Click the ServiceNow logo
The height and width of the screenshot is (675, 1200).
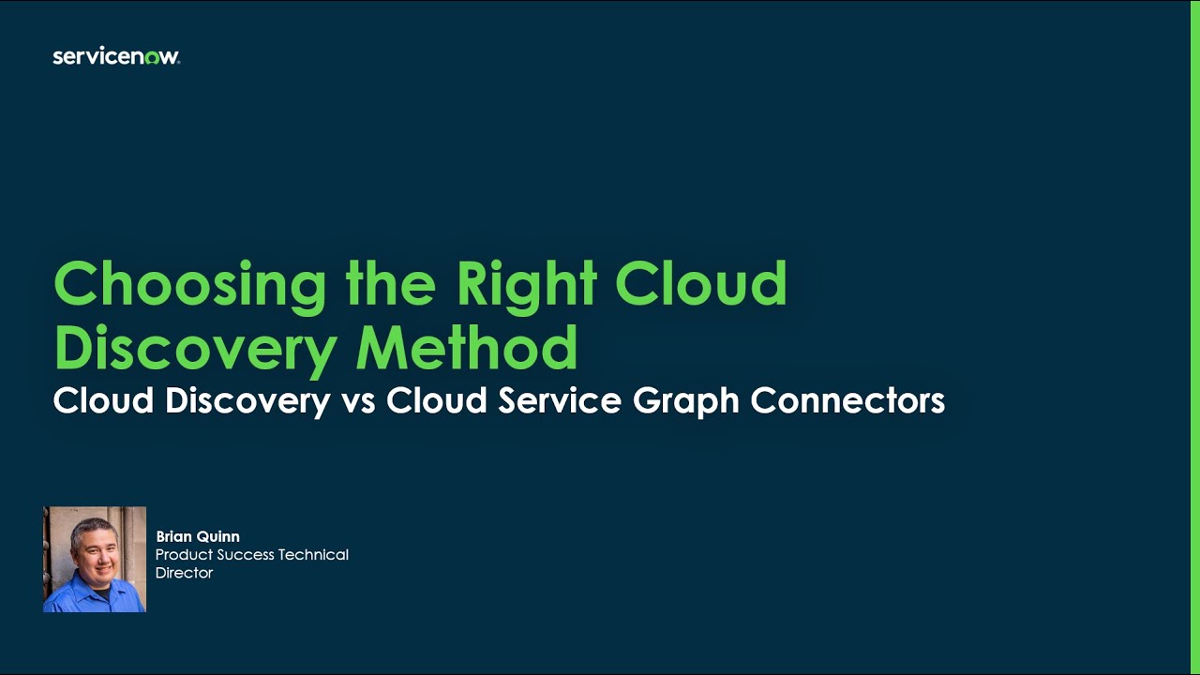(116, 57)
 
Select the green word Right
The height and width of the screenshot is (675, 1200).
(527, 283)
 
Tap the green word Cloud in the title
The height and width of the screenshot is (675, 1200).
(701, 283)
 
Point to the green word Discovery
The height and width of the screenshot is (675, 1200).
(195, 349)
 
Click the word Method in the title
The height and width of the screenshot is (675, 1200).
(466, 348)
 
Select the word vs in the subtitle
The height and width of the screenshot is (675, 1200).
(358, 401)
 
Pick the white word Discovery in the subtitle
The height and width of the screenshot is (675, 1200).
(247, 401)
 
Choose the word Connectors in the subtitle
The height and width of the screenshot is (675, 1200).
(847, 401)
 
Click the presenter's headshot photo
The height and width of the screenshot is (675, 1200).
(95, 560)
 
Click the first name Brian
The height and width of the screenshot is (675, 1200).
(172, 537)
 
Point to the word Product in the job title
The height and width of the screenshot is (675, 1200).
(185, 555)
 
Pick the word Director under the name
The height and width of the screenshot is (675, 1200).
(184, 573)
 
